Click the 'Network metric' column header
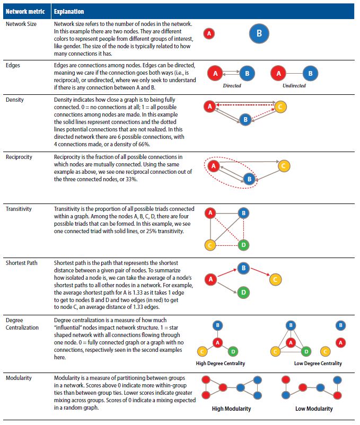24,11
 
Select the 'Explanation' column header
69,11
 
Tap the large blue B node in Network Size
259,33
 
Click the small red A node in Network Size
209,33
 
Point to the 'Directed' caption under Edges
232,85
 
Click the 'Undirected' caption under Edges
295,85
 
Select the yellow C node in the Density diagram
282,107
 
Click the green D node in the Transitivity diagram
243,245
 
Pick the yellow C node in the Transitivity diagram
210,245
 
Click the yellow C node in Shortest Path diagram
274,279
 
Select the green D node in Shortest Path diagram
243,292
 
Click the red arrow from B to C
259,273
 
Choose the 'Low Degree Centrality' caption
318,364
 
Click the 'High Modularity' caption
231,409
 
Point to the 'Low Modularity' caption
314,409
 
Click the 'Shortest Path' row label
22,263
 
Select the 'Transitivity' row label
19,209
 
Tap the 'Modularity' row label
19,378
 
